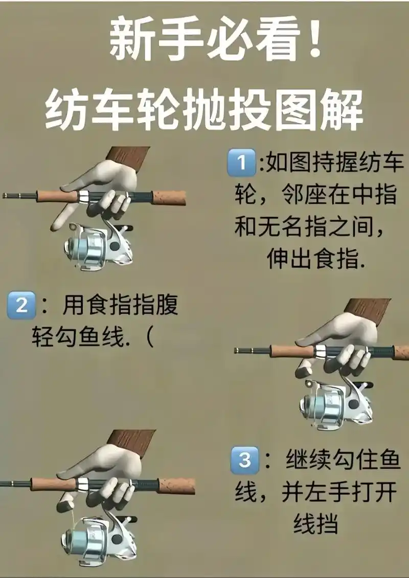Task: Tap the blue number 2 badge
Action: (x=21, y=306)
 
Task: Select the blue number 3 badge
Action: (x=245, y=460)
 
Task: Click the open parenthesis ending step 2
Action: (x=148, y=338)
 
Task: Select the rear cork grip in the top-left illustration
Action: (x=169, y=198)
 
